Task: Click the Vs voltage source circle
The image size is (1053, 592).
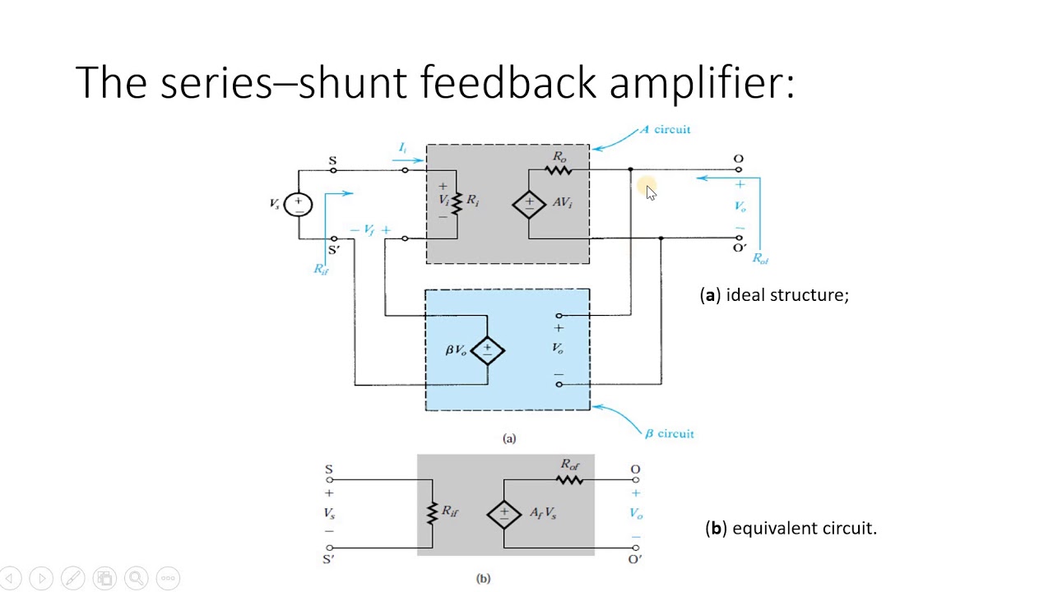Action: (298, 204)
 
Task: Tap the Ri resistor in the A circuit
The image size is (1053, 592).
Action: (457, 202)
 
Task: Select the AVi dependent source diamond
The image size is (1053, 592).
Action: (529, 204)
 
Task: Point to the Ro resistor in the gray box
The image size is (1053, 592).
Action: (559, 170)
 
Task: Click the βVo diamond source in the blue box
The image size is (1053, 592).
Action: (487, 349)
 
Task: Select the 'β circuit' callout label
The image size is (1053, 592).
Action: (669, 433)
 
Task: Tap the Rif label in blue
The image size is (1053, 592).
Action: (321, 269)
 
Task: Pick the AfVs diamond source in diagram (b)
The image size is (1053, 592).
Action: (503, 514)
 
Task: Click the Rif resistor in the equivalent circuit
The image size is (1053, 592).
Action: (432, 513)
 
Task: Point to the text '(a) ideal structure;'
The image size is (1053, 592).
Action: (774, 294)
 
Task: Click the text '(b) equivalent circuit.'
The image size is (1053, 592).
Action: (791, 528)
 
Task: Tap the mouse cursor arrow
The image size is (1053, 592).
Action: (650, 192)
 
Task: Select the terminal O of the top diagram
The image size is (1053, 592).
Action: (738, 169)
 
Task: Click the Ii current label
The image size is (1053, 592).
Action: (402, 148)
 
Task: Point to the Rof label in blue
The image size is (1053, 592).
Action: (760, 258)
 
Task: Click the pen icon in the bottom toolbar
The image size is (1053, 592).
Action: (72, 578)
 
